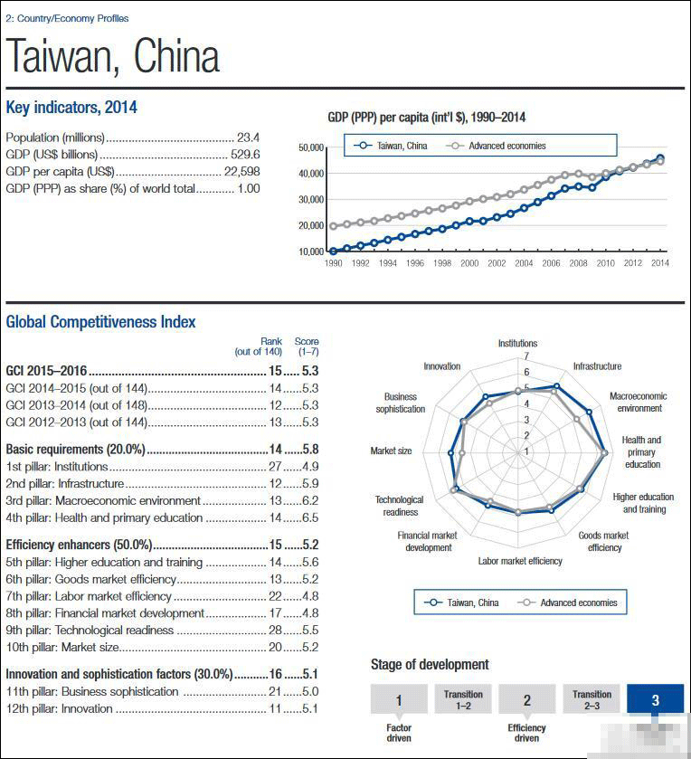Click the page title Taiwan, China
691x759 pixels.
tap(113, 56)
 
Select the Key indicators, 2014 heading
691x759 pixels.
tap(71, 108)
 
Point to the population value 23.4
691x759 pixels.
tap(248, 138)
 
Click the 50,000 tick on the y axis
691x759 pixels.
tap(310, 147)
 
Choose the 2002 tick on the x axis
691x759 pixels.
tap(497, 263)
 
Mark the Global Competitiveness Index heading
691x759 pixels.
tap(100, 321)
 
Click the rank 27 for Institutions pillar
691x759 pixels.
tap(276, 467)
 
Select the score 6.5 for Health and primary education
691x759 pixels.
tap(310, 518)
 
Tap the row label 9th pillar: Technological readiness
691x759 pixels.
tap(90, 631)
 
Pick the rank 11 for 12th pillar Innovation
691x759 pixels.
tap(276, 709)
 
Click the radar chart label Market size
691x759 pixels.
tap(391, 451)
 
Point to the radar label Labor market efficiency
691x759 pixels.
tap(520, 561)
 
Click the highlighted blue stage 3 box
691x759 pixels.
tap(655, 699)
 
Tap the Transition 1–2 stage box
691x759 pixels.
tap(463, 699)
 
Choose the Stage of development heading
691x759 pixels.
tap(430, 665)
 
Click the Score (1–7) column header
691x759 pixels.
tap(307, 346)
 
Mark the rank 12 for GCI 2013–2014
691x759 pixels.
tap(276, 405)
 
